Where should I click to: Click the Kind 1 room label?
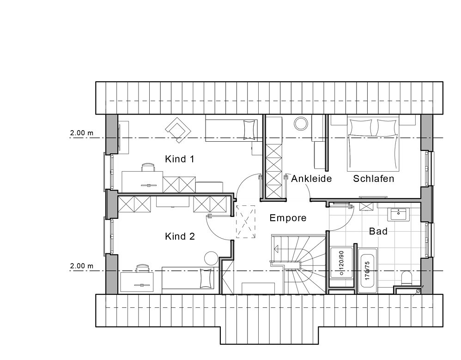179,159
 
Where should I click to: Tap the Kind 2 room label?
180,236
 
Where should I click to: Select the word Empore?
288,218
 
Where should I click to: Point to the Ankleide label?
311,179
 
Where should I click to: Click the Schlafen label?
373,179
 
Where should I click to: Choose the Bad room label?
378,231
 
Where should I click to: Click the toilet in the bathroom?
407,277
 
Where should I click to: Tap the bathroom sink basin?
398,215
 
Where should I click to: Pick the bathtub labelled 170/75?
368,270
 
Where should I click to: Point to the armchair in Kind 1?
178,130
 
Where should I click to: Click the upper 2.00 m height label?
81,133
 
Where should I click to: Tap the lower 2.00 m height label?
81,266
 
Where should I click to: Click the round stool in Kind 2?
211,258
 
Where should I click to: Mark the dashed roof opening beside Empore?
246,222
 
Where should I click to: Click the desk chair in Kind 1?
148,168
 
